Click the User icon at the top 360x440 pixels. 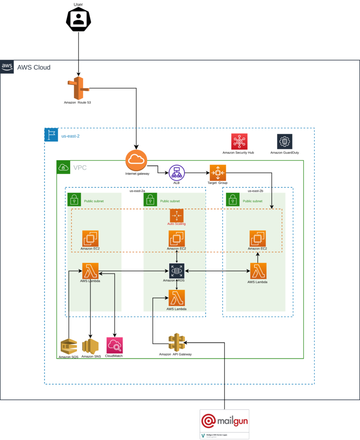(78, 19)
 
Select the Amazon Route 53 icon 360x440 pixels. (77, 88)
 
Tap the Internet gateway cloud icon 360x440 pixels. (136, 160)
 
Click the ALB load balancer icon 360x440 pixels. (176, 172)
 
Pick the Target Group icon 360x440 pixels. (218, 172)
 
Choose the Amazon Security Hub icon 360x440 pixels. (239, 141)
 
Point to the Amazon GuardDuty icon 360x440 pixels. (284, 141)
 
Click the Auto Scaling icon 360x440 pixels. (176, 215)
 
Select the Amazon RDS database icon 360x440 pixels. (176, 271)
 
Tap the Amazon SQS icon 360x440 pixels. (69, 346)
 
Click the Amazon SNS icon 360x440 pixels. (91, 346)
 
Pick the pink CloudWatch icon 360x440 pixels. (114, 345)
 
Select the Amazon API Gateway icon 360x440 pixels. (176, 342)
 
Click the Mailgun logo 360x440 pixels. (225, 421)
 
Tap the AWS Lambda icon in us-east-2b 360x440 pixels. (258, 271)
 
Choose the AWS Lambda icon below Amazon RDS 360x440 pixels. (176, 298)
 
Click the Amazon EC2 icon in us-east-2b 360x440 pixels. (257, 238)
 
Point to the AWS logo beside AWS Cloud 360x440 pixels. (7, 67)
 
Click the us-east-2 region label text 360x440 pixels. (71, 136)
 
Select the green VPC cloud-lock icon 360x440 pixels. (63, 167)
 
